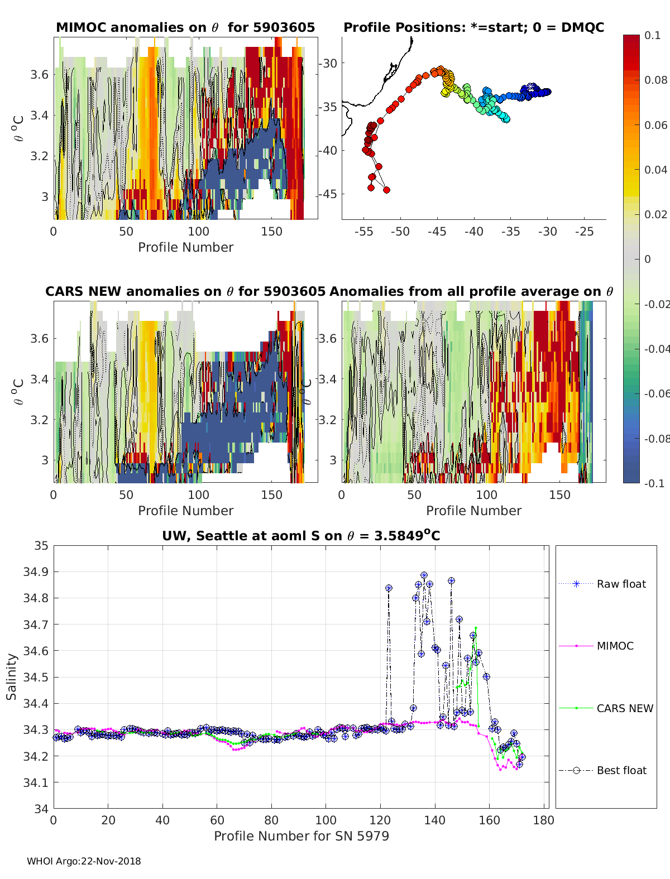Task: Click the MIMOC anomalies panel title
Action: tap(185, 27)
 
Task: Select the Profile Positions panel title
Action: tap(473, 27)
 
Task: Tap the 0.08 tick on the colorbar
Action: tap(656, 80)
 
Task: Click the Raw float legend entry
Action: tap(621, 584)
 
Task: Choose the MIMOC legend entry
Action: tap(615, 646)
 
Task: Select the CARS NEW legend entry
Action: tap(624, 708)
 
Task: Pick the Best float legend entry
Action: tap(621, 770)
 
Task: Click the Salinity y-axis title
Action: tap(12, 676)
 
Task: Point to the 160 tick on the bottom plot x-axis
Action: tap(489, 820)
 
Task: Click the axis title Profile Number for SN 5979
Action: tap(301, 835)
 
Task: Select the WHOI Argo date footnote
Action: tap(84, 861)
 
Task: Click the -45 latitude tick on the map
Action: tap(328, 194)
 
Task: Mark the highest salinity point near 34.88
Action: tap(424, 575)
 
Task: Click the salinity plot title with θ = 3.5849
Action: tap(301, 536)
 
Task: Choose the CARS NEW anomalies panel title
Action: tap(185, 291)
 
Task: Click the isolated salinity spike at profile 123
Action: tap(389, 588)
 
